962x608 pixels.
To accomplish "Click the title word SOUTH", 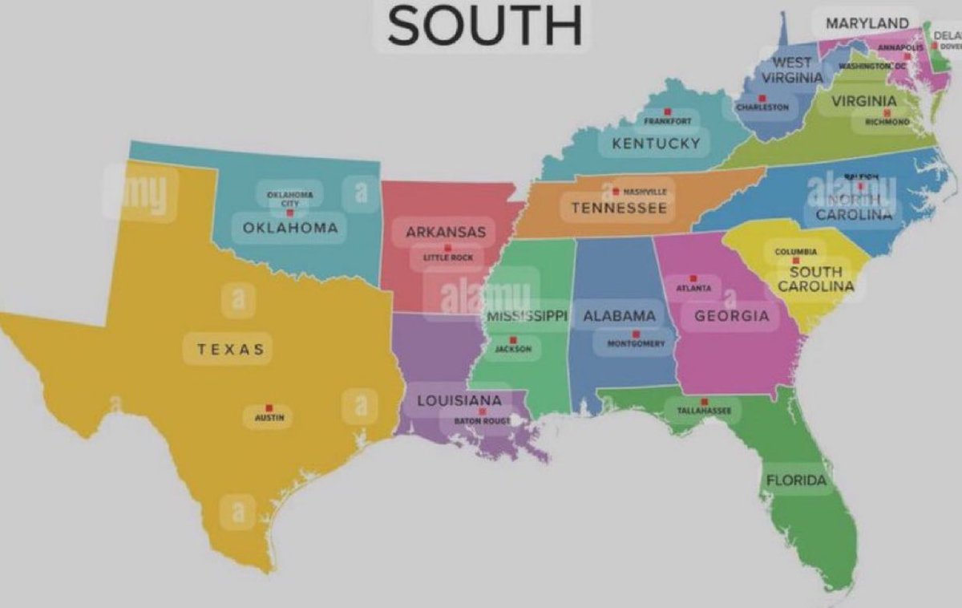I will (x=484, y=26).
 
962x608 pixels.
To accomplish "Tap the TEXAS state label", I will (x=230, y=349).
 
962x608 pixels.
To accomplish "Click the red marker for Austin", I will (x=269, y=407).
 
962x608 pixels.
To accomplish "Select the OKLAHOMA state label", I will (x=290, y=228).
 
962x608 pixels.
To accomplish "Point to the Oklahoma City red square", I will (x=290, y=213).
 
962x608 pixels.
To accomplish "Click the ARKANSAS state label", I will (x=446, y=232).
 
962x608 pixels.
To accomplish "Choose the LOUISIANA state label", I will (x=459, y=400).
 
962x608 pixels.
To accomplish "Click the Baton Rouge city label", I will (x=483, y=420).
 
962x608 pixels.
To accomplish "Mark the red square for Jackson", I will (x=513, y=340).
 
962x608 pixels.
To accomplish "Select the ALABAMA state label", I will (x=619, y=316).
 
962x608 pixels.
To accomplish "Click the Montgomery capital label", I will (x=637, y=343).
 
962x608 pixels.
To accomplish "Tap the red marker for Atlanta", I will (x=693, y=278).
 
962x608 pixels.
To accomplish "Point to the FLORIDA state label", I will (x=796, y=480).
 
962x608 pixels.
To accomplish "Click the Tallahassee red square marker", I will (x=705, y=401).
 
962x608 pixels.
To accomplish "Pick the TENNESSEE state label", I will (x=618, y=209).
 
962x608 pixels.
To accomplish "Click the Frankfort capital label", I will (x=668, y=121).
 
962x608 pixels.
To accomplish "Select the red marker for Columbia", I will (x=795, y=260).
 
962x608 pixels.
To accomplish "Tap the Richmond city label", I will (x=887, y=122).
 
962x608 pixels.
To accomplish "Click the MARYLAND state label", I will (x=867, y=23).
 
